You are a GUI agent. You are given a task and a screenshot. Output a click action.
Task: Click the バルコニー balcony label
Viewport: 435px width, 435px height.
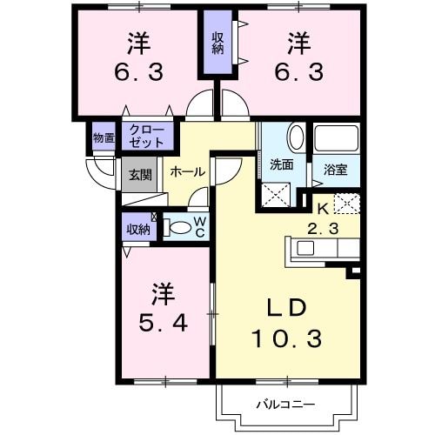point(285,404)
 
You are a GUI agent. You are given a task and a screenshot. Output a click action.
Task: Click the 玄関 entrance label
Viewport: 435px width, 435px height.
point(139,173)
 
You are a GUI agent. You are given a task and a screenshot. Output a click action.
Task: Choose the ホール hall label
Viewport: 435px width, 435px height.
point(187,172)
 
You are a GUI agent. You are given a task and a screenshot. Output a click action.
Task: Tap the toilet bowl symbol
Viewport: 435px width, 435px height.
point(178,229)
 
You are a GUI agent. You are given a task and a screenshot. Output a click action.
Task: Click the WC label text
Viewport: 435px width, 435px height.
point(199,228)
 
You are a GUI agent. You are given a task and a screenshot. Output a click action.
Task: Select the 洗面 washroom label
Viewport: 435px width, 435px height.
point(280,163)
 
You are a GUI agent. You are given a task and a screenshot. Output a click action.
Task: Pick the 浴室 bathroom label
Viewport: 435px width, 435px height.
point(336,168)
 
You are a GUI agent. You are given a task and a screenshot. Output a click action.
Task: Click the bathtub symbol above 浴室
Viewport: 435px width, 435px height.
point(337,139)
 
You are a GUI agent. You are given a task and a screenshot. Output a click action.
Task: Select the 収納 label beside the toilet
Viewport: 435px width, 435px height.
point(137,230)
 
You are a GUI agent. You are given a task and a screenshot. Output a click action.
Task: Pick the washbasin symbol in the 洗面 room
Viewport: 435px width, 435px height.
point(296,137)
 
